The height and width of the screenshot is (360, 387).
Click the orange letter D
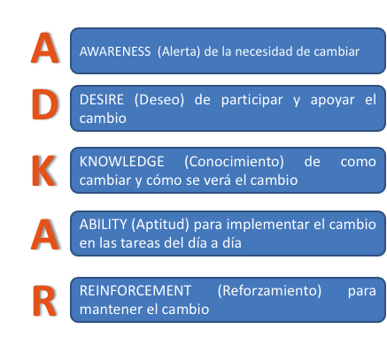click(x=44, y=104)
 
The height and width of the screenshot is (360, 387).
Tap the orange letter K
click(x=43, y=171)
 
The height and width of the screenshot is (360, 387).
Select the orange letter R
click(x=44, y=301)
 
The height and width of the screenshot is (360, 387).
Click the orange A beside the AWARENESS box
click(x=45, y=48)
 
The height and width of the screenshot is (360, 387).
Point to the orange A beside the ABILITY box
click(x=45, y=234)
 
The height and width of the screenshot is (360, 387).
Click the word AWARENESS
click(x=115, y=51)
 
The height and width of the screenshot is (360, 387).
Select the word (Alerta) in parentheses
click(x=179, y=51)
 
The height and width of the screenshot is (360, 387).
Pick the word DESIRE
click(x=102, y=100)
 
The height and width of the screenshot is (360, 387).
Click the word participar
click(x=252, y=100)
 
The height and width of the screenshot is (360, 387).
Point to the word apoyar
click(x=332, y=101)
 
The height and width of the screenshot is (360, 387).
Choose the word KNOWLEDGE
click(x=121, y=162)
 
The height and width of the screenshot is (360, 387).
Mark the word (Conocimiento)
click(x=234, y=162)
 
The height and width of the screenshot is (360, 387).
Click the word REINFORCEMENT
click(x=135, y=291)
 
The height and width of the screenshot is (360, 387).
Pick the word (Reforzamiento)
click(x=269, y=291)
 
